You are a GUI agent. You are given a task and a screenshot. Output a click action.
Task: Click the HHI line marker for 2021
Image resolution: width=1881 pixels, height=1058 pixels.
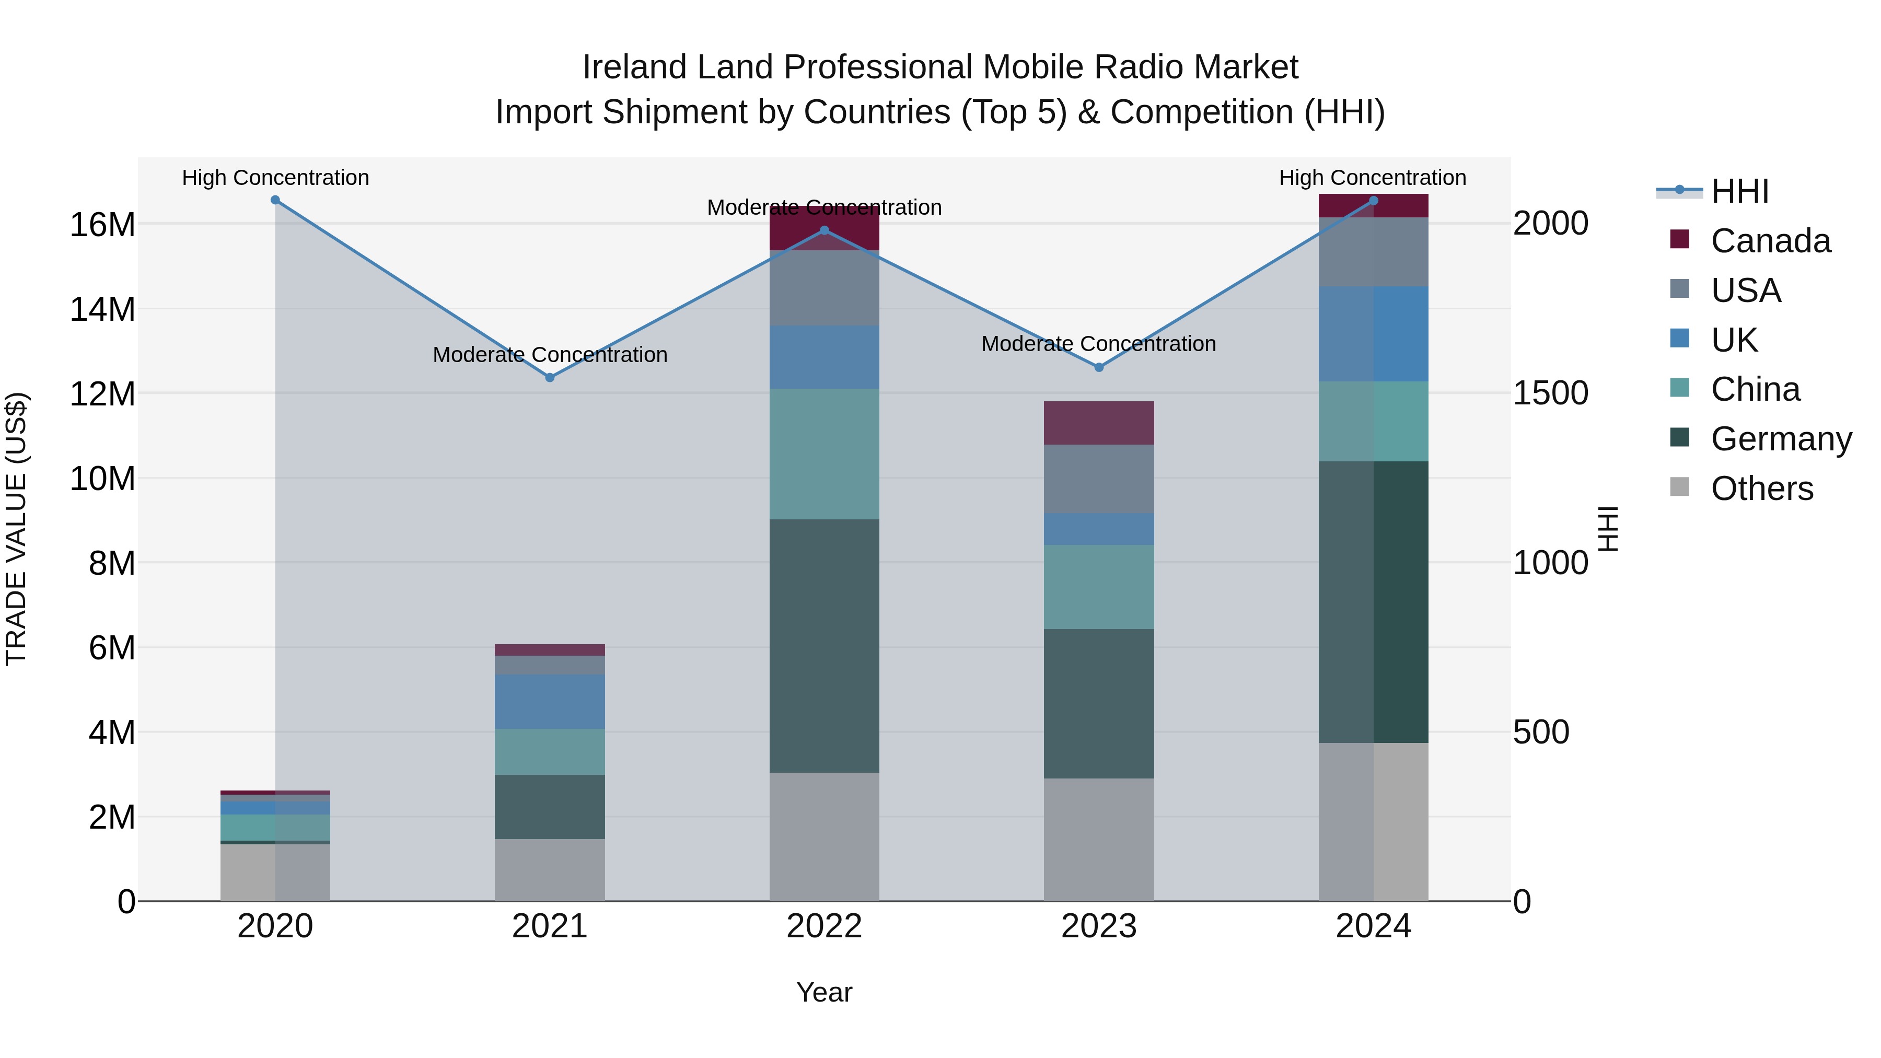(x=550, y=378)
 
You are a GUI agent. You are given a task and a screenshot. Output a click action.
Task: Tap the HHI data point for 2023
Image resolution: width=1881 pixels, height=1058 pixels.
(x=1098, y=367)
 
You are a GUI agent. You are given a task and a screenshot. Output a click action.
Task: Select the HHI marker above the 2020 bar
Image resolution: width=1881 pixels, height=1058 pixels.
(x=275, y=200)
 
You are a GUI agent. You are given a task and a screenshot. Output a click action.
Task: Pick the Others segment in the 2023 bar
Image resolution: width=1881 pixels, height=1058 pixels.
(x=1098, y=840)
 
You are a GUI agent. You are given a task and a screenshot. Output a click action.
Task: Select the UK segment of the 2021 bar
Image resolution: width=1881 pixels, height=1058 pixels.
(x=550, y=702)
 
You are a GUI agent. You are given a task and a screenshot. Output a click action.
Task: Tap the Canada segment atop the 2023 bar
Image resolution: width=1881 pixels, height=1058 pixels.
(x=1098, y=423)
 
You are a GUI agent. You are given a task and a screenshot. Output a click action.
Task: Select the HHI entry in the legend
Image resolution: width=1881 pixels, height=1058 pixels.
(x=1739, y=191)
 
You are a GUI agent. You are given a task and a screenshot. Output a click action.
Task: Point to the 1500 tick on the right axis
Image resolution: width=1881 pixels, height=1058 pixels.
(x=1550, y=393)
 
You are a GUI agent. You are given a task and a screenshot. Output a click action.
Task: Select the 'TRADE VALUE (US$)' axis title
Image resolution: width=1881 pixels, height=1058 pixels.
(x=16, y=529)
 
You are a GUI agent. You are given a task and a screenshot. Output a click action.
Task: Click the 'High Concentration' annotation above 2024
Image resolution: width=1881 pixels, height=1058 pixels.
(x=1372, y=178)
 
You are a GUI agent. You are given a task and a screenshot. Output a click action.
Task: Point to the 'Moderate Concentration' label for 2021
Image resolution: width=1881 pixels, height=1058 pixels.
(x=550, y=355)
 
